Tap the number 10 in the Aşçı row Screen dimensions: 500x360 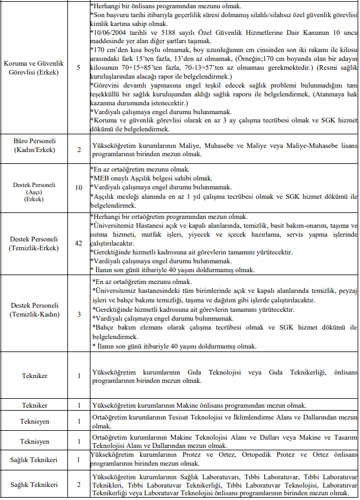79,188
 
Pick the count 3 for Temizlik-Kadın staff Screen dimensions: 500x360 79,314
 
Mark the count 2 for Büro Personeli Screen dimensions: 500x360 79,149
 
